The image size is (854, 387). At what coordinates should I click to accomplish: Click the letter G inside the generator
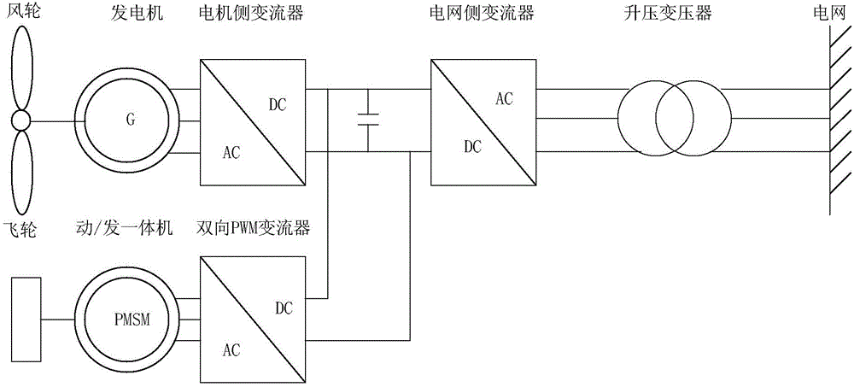pyautogui.click(x=130, y=120)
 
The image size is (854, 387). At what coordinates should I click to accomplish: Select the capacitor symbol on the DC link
pyautogui.click(x=368, y=120)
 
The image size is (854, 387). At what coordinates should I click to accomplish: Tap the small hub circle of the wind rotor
pyautogui.click(x=20, y=120)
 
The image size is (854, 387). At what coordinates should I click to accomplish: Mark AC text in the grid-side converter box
pyautogui.click(x=505, y=98)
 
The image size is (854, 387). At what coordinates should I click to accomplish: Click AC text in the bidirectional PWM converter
pyautogui.click(x=231, y=350)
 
